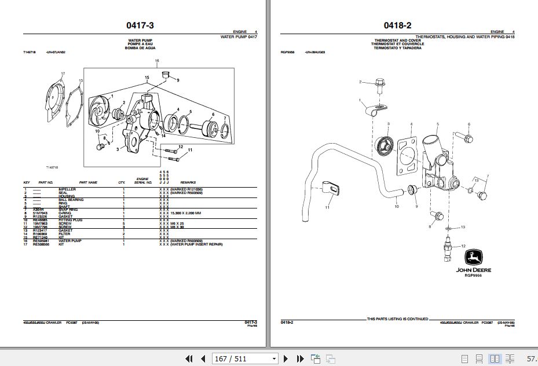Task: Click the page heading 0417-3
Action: click(x=140, y=25)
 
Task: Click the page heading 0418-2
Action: click(x=397, y=25)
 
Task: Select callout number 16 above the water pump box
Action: click(x=156, y=61)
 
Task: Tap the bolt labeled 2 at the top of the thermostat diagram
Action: click(x=380, y=85)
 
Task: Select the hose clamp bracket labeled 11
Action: click(x=330, y=188)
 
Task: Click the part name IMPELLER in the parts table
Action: click(x=67, y=189)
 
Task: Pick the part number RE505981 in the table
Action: click(x=40, y=241)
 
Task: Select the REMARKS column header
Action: click(x=188, y=182)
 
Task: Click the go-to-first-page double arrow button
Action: click(x=188, y=358)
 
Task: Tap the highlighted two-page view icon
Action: click(x=495, y=358)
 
